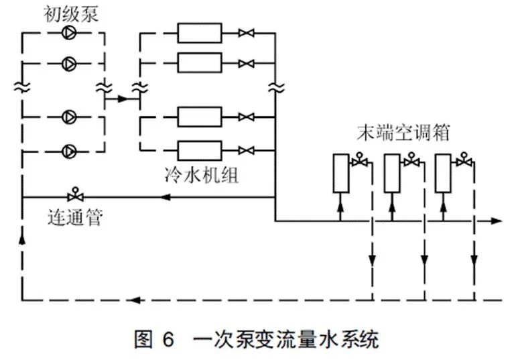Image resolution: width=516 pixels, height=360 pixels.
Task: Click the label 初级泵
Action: click(72, 14)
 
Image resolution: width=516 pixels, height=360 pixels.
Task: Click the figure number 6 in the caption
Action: click(167, 339)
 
